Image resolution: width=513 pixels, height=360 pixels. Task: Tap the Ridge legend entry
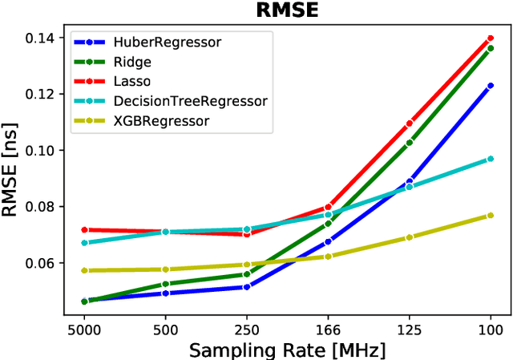(132, 62)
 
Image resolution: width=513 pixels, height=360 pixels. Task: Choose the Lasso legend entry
(134, 81)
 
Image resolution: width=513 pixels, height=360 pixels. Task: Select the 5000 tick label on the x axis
(84, 329)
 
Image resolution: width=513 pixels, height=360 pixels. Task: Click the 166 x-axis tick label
(328, 329)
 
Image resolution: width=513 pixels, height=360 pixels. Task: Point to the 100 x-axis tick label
(490, 329)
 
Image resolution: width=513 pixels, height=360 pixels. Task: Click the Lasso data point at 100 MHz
(490, 38)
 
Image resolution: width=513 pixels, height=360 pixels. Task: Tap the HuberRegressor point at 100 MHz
(490, 86)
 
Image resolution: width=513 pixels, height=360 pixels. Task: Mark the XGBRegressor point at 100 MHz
(490, 216)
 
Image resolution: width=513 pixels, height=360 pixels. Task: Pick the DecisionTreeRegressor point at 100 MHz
(490, 159)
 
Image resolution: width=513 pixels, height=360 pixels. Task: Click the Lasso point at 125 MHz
(409, 123)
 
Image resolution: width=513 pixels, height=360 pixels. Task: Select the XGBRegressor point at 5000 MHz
(84, 271)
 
